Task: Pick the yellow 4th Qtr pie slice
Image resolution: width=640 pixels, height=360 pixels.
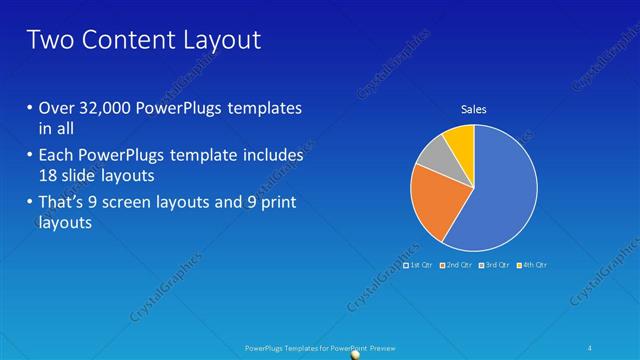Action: pyautogui.click(x=461, y=140)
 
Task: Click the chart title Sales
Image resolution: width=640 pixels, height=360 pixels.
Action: pyautogui.click(x=474, y=109)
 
